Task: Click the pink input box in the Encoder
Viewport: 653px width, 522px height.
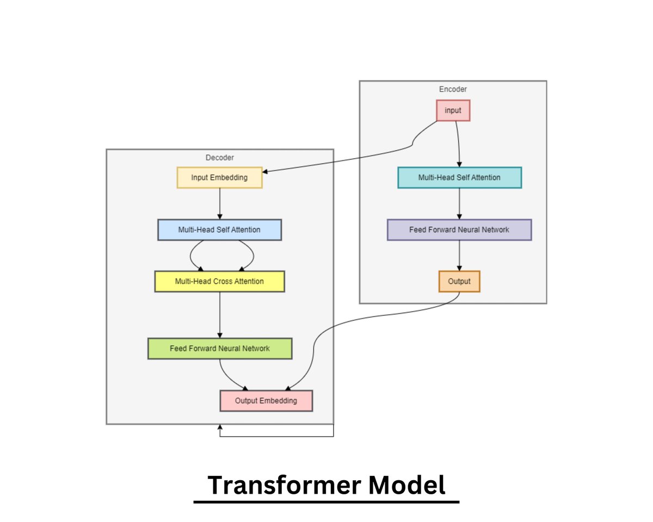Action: point(453,110)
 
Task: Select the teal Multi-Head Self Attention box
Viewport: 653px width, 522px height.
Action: point(460,178)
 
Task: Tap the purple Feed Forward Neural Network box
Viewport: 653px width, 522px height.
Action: point(459,230)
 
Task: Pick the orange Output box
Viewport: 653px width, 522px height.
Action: point(459,282)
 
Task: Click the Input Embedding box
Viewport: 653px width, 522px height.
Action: point(220,178)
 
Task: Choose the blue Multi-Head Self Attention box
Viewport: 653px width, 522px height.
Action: point(219,230)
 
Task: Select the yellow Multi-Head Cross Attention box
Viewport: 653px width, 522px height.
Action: point(219,282)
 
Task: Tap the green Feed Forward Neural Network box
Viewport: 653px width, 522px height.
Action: point(220,349)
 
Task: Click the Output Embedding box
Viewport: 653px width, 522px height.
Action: point(266,401)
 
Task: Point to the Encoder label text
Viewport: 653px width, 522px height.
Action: point(453,89)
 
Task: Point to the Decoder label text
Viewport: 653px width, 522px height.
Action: point(220,158)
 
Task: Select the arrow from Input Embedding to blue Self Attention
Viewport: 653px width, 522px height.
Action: point(220,204)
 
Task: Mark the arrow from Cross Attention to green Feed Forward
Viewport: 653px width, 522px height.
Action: point(220,315)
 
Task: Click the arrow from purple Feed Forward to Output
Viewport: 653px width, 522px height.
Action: point(460,256)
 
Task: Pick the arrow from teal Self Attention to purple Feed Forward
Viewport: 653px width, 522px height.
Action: point(460,204)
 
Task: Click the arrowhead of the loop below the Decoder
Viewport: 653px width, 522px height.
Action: point(220,428)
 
